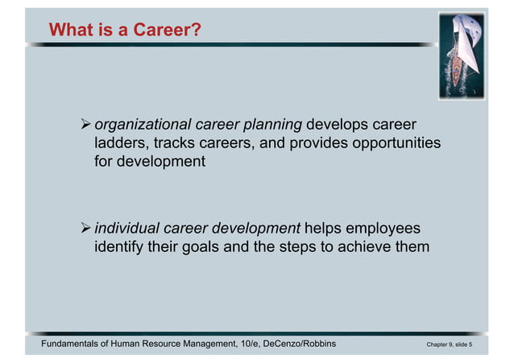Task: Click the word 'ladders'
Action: tap(121, 142)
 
